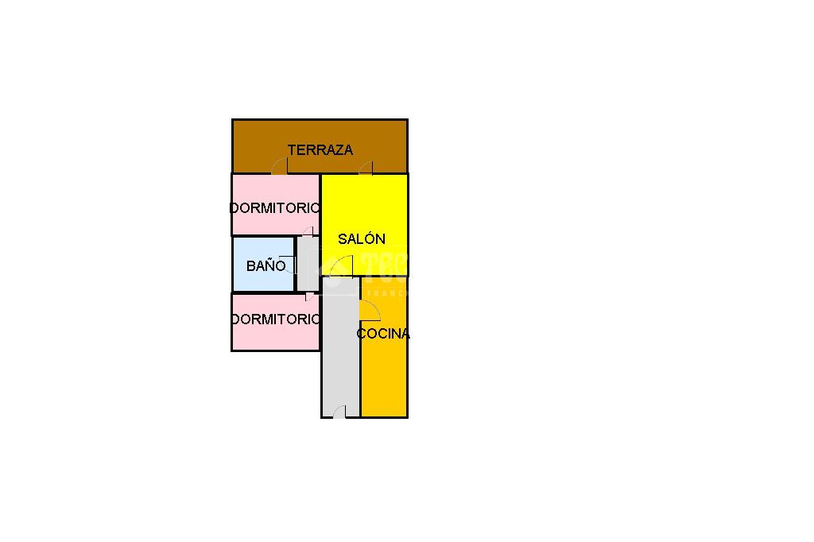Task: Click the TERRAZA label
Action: [x=320, y=150]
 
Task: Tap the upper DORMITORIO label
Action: [x=275, y=208]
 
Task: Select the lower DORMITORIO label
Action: [x=275, y=319]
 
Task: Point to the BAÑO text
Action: [x=266, y=266]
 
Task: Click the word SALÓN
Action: [x=362, y=239]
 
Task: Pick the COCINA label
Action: [x=383, y=334]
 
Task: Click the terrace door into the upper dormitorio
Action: [x=280, y=167]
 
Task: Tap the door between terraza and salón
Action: [x=366, y=168]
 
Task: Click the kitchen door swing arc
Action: [x=369, y=310]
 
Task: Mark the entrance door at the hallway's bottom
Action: [x=339, y=411]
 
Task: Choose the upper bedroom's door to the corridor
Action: [x=308, y=231]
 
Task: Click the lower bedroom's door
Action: [x=308, y=297]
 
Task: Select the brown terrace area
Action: [x=254, y=143]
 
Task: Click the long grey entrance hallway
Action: [x=340, y=358]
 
